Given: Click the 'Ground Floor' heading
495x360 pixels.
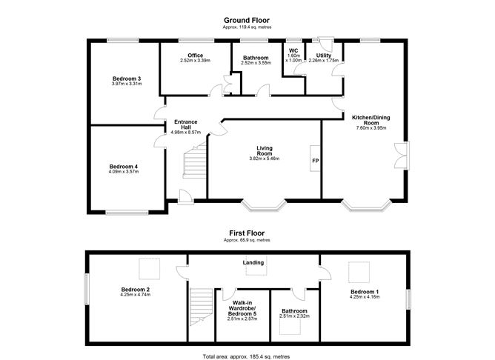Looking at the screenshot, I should (x=247, y=20).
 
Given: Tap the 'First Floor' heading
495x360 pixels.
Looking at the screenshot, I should (x=247, y=233).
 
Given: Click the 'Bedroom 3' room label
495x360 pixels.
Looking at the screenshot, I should (x=127, y=79).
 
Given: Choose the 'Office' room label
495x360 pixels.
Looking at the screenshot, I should (x=195, y=56).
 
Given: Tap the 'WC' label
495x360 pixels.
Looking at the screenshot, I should (x=293, y=51).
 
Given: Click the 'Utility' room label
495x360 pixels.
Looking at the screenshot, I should (x=323, y=56).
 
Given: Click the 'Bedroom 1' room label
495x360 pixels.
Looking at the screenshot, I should (x=365, y=292).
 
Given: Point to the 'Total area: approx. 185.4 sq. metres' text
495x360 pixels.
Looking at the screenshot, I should (x=247, y=356).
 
